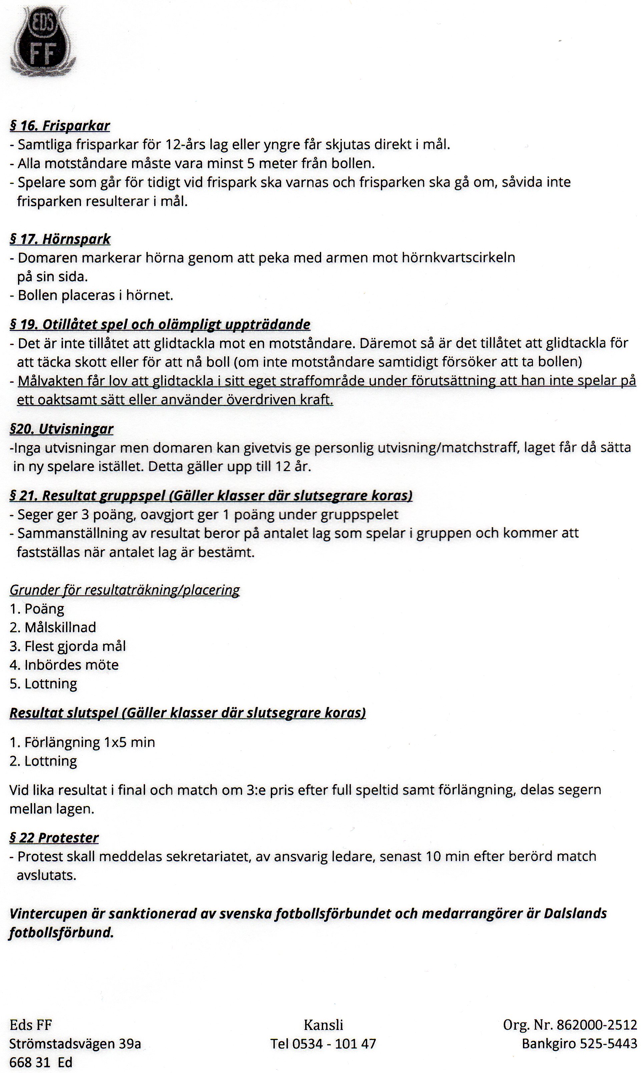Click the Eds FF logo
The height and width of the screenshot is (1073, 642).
click(x=42, y=42)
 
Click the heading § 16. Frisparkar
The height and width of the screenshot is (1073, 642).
click(x=60, y=126)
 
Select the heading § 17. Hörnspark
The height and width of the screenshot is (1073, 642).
click(x=60, y=239)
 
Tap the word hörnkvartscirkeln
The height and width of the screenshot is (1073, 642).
click(x=459, y=258)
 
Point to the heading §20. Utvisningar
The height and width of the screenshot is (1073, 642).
click(x=61, y=429)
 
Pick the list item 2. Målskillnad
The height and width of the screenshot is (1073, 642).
click(x=53, y=627)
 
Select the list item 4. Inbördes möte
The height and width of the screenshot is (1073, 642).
click(x=64, y=665)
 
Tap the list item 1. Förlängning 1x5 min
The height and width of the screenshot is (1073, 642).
click(x=82, y=742)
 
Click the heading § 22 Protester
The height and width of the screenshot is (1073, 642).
click(x=54, y=838)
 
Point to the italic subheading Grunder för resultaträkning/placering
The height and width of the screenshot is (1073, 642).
click(x=125, y=590)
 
